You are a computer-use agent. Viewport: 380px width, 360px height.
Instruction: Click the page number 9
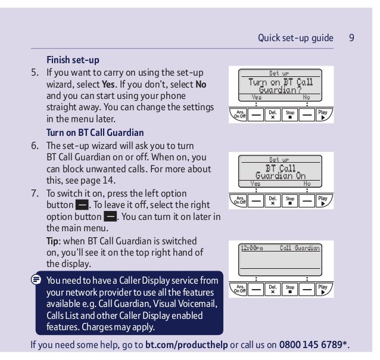(x=352, y=38)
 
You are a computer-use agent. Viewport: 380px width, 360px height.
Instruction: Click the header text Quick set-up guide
(x=295, y=38)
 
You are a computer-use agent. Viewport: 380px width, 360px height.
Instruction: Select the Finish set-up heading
(x=73, y=60)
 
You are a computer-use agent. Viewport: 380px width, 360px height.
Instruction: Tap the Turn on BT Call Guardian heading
(x=95, y=132)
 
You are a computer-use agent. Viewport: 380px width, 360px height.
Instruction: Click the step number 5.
(x=35, y=73)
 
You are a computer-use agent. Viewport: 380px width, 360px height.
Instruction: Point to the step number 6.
(x=35, y=145)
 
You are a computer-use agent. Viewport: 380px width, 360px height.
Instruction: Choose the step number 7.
(x=35, y=194)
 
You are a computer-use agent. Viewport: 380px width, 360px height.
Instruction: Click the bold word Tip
(x=54, y=241)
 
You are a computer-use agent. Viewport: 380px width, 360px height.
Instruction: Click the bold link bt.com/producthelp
(x=186, y=345)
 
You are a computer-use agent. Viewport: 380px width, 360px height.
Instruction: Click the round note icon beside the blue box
(x=36, y=279)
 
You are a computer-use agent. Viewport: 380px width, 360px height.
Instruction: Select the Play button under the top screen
(x=323, y=113)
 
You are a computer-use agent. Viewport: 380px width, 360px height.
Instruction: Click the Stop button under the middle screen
(x=290, y=200)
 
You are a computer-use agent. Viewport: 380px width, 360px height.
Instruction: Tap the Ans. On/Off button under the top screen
(x=240, y=113)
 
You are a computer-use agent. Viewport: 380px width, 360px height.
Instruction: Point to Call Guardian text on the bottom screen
(x=300, y=249)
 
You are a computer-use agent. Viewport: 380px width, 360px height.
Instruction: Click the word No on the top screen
(x=307, y=97)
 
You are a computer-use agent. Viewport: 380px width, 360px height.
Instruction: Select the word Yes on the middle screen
(x=256, y=184)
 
